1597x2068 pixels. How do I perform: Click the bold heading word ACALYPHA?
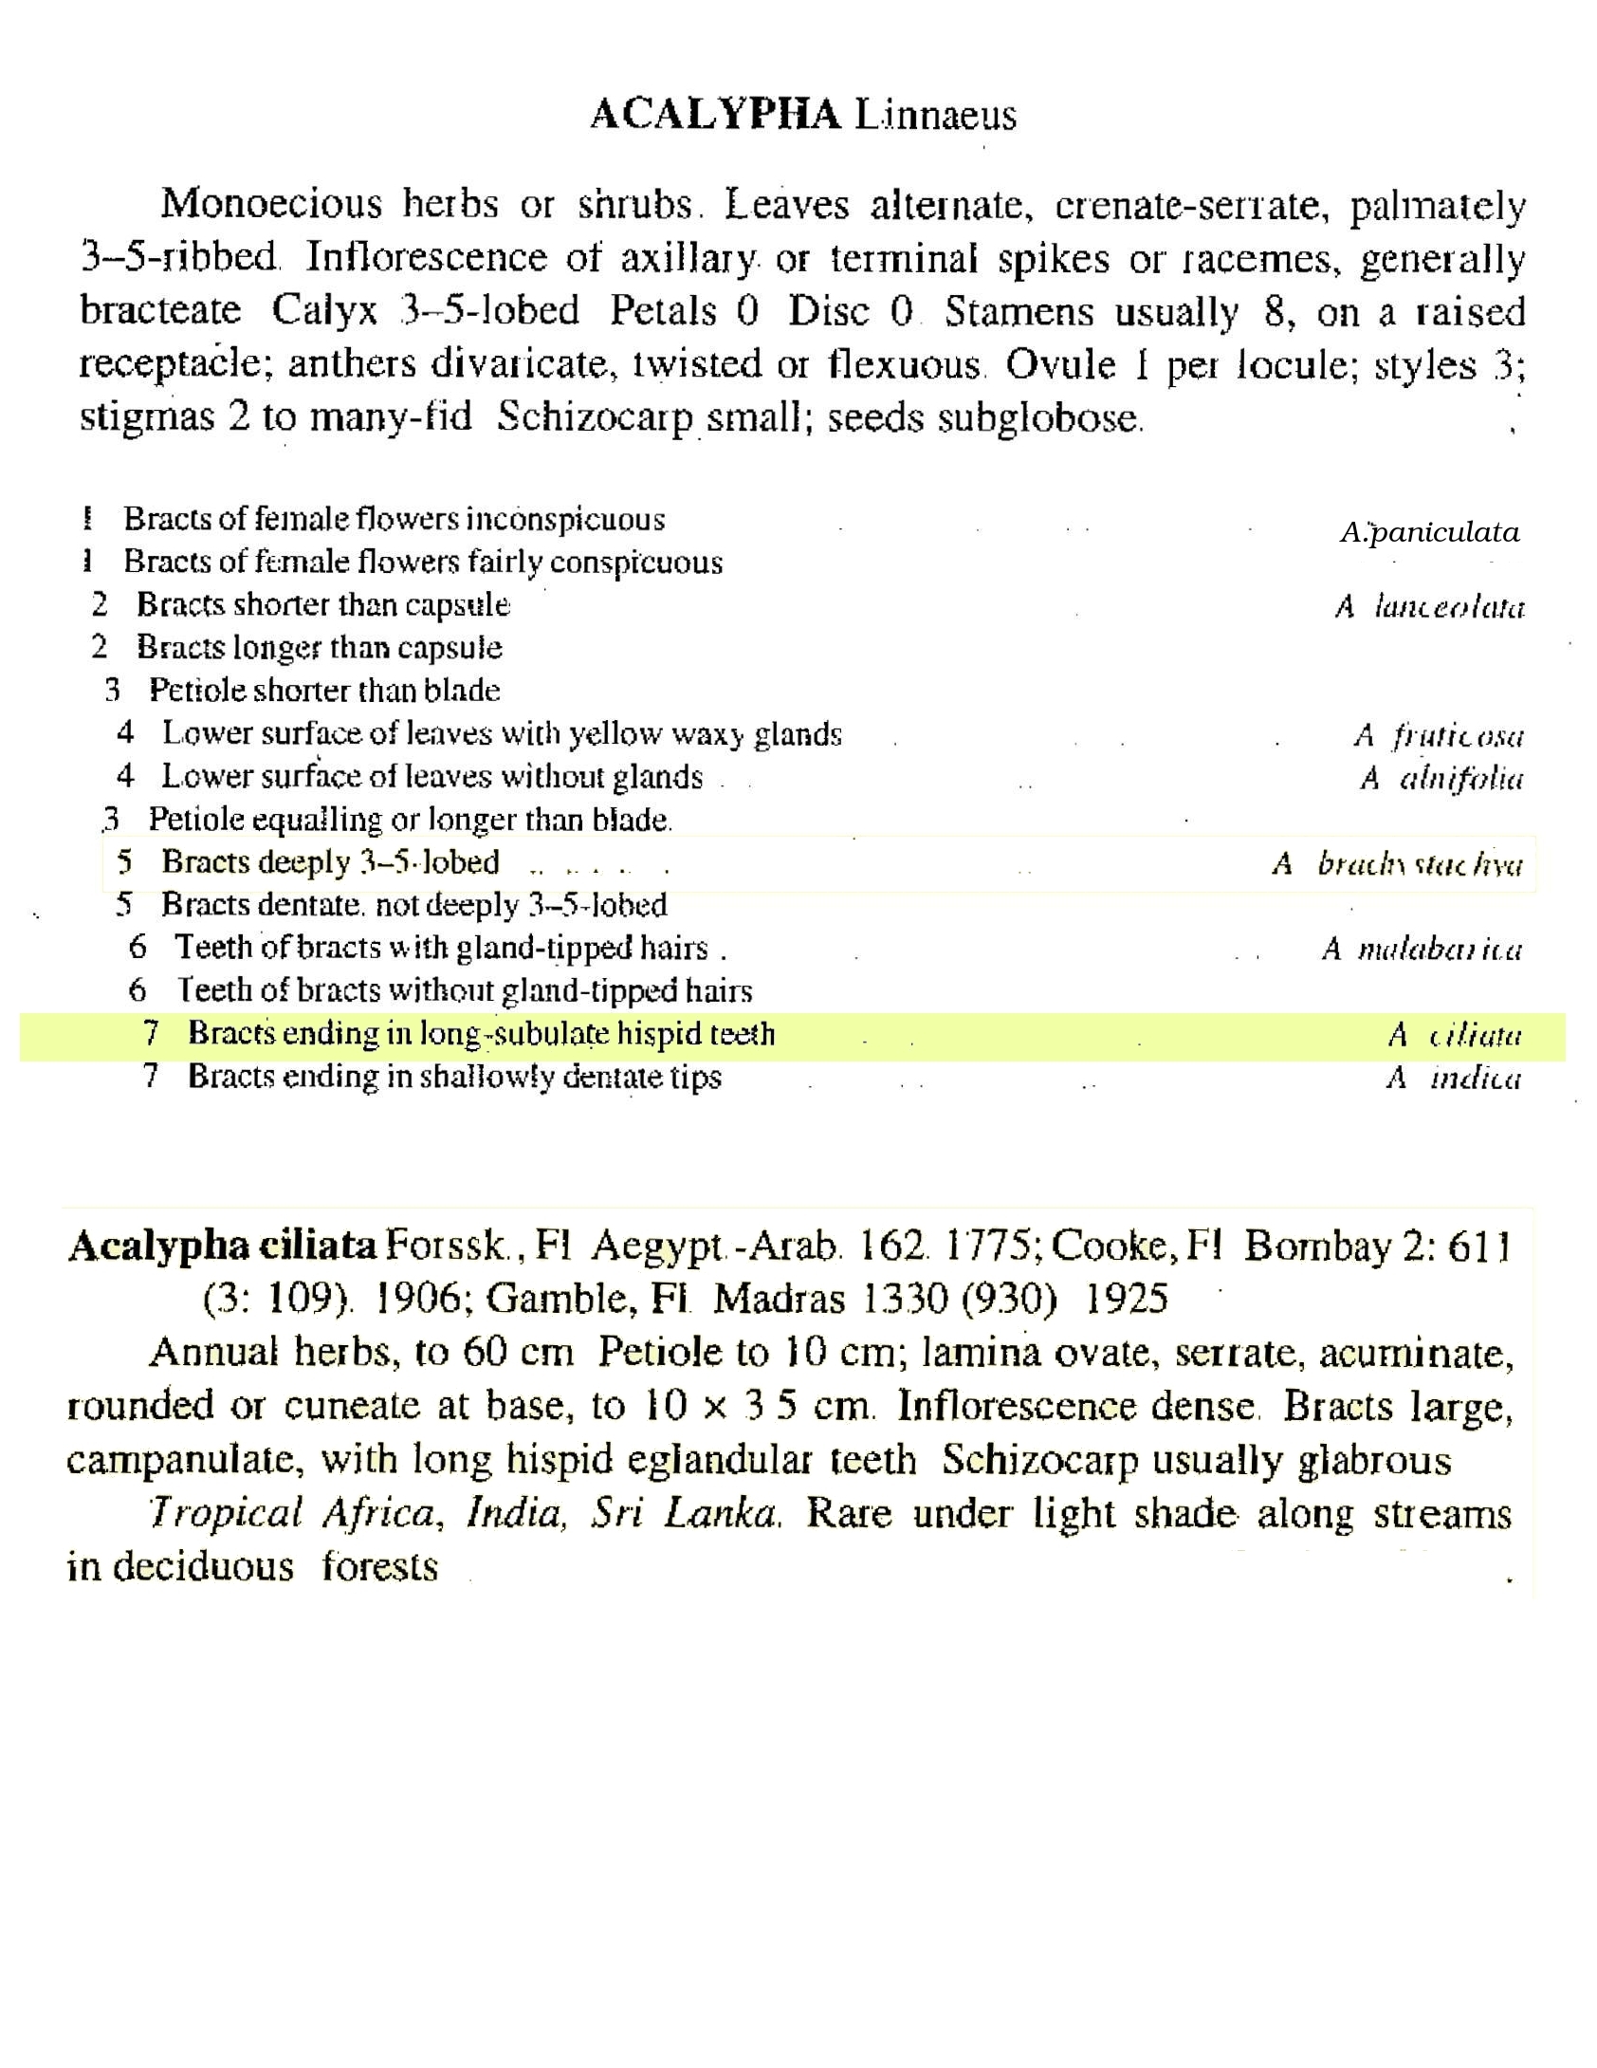(715, 115)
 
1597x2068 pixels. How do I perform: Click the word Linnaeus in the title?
(935, 116)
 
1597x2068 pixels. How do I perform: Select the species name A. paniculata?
(1429, 532)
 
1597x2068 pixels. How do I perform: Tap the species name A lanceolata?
(1429, 606)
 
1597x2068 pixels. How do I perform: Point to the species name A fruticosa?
(1438, 735)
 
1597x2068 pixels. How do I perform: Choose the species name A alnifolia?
(1441, 779)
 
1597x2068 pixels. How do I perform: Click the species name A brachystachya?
(1397, 864)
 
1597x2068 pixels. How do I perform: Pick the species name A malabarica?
(1422, 949)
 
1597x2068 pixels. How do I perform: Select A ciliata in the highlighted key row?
(1454, 1035)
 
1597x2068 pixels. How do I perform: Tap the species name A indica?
(1453, 1079)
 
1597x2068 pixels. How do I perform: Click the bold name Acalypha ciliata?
(222, 1246)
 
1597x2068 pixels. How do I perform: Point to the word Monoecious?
(271, 205)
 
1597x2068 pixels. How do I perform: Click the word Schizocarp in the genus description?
(595, 418)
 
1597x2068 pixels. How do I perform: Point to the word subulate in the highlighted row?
(550, 1034)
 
